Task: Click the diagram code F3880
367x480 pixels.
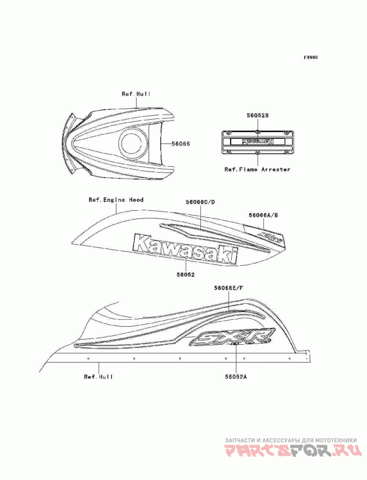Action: pyautogui.click(x=311, y=58)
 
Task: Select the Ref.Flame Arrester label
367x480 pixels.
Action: pyautogui.click(x=257, y=169)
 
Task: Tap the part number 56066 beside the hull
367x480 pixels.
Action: pyautogui.click(x=180, y=144)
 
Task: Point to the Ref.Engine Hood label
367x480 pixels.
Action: pyautogui.click(x=116, y=200)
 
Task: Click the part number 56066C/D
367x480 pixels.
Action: pyautogui.click(x=200, y=201)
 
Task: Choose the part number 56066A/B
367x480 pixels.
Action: pyautogui.click(x=263, y=214)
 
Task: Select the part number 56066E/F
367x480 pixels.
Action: pyautogui.click(x=228, y=288)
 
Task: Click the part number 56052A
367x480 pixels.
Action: pyautogui.click(x=236, y=377)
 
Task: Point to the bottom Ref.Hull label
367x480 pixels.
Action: pyautogui.click(x=98, y=377)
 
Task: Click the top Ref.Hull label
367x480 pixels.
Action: pyautogui.click(x=136, y=94)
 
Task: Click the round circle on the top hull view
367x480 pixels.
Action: pyautogui.click(x=133, y=143)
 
